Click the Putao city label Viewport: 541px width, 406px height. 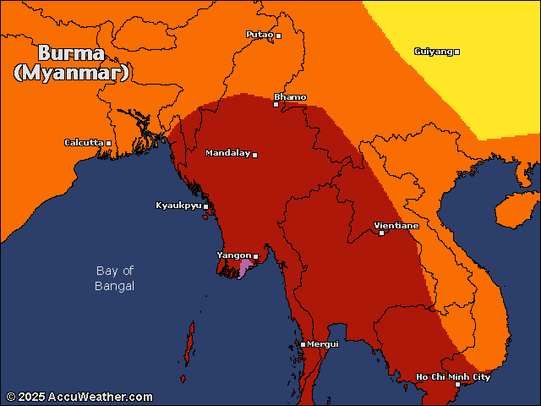(x=260, y=35)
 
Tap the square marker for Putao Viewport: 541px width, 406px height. (x=278, y=36)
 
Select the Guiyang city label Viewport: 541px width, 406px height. (x=433, y=52)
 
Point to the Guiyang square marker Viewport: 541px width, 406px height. (x=456, y=52)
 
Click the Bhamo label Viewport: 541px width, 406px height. (x=290, y=97)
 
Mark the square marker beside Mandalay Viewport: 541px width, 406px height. (x=254, y=155)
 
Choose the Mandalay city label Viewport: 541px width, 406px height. (x=227, y=153)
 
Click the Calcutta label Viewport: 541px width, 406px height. (x=84, y=142)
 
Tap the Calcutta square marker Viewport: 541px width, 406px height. (x=108, y=143)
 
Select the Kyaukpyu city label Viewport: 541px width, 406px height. (x=178, y=206)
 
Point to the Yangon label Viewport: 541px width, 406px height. (x=233, y=255)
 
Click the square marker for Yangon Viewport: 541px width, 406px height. (x=256, y=255)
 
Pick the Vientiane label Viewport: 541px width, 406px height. (x=396, y=226)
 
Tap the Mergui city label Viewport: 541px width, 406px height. (x=323, y=343)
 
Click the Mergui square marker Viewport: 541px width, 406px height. (x=303, y=344)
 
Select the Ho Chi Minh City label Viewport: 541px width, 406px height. (x=453, y=377)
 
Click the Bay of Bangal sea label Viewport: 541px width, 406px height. (x=115, y=278)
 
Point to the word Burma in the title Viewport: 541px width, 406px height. (x=71, y=51)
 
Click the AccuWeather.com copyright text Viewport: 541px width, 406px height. (x=80, y=397)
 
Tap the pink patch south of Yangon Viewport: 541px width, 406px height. (x=245, y=269)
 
